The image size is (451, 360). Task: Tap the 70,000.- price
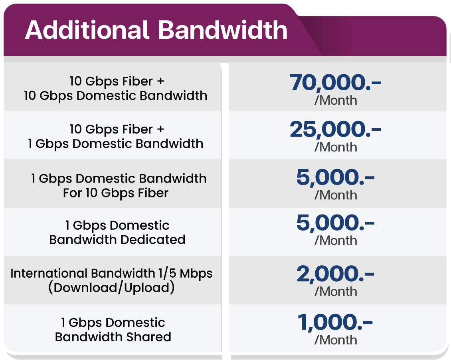point(335,82)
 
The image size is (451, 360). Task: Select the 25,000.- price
point(335,129)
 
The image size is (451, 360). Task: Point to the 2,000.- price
point(335,274)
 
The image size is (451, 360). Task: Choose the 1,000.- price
point(335,322)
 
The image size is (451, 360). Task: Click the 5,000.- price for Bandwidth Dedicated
point(335,223)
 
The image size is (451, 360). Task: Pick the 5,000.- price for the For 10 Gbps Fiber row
point(335,177)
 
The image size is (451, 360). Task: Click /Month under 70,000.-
point(336,101)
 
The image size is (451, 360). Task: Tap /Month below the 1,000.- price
point(336,340)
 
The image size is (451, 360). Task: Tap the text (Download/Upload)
point(112,288)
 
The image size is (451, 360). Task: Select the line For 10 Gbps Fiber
point(116,193)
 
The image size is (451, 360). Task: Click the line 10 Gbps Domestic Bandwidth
point(116,95)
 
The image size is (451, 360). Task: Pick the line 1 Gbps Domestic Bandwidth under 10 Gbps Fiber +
point(116,144)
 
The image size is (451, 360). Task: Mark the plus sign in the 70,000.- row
point(160,81)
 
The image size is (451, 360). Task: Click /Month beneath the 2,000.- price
point(336,292)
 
